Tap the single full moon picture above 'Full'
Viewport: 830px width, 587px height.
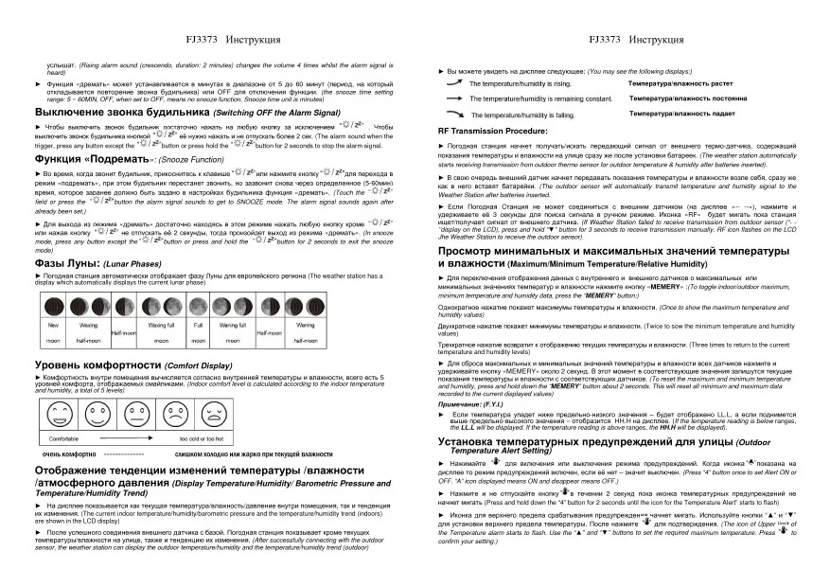[198, 306]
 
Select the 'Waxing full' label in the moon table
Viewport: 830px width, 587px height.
[162, 325]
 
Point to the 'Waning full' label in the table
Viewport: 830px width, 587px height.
[233, 325]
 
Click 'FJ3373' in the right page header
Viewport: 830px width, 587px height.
[603, 41]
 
